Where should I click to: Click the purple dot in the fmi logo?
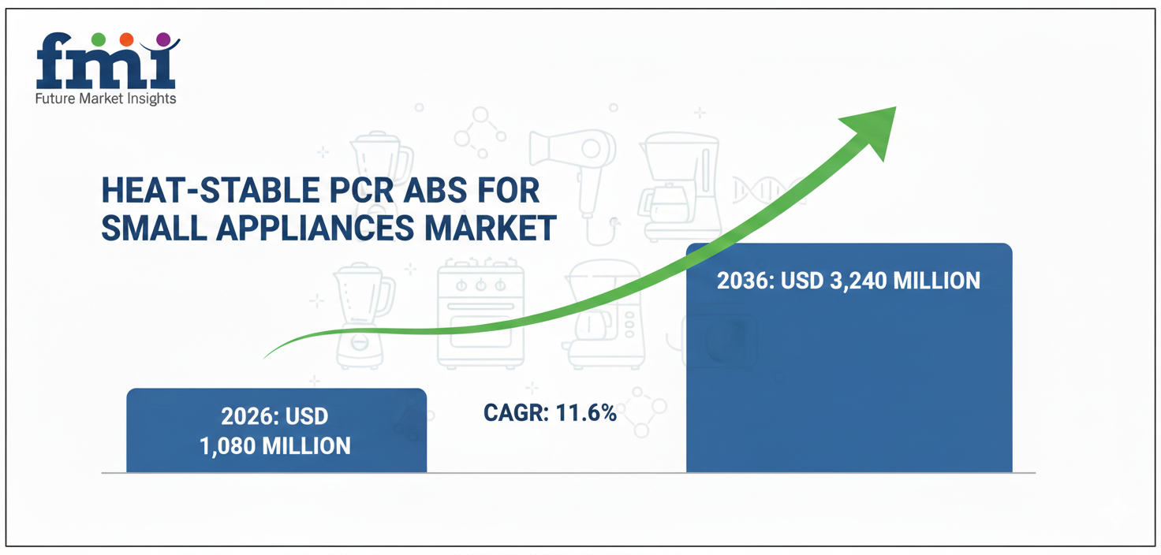(163, 39)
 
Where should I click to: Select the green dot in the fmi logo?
(99, 39)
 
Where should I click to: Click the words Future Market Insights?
(106, 99)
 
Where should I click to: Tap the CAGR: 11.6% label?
(550, 412)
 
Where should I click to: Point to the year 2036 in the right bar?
(745, 280)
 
